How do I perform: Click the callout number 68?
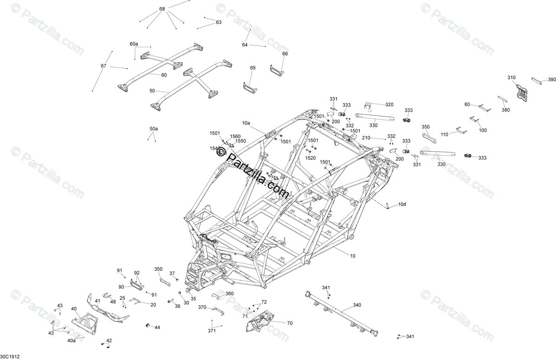coord(162,9)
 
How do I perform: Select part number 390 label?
coord(551,80)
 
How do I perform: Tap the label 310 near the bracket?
coord(511,77)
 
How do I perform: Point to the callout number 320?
coord(389,104)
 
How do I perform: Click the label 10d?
coord(402,204)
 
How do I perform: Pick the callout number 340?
coord(357,305)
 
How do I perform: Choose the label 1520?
coord(311,158)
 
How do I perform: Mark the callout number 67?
coord(103,66)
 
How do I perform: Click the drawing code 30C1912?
coord(10,356)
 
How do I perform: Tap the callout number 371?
coord(212,331)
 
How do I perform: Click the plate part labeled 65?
coord(249,87)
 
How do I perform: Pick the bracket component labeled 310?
coord(522,91)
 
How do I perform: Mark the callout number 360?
coord(230,293)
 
